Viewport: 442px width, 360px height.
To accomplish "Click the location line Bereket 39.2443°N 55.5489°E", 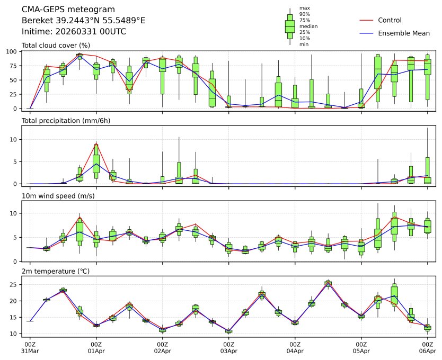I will click(x=83, y=21).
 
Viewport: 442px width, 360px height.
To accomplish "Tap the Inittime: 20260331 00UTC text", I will click(x=74, y=31).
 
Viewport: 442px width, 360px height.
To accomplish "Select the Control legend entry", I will click(x=390, y=20).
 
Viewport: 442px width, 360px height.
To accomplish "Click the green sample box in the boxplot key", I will click(x=290, y=26).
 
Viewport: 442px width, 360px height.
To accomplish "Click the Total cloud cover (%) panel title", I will click(x=56, y=45).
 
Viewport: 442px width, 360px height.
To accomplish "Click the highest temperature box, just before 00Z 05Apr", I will click(x=328, y=283).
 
